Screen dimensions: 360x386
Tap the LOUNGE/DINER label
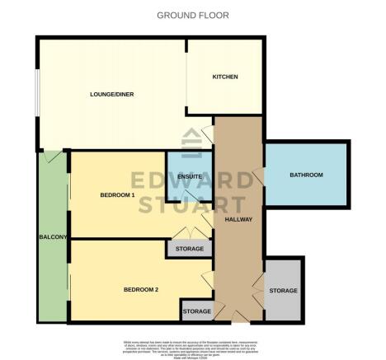coord(111,94)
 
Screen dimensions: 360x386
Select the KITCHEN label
coord(224,77)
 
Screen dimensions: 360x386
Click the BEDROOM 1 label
coord(117,194)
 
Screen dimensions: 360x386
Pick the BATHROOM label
coord(305,175)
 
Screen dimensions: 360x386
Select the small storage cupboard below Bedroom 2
coord(196,311)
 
